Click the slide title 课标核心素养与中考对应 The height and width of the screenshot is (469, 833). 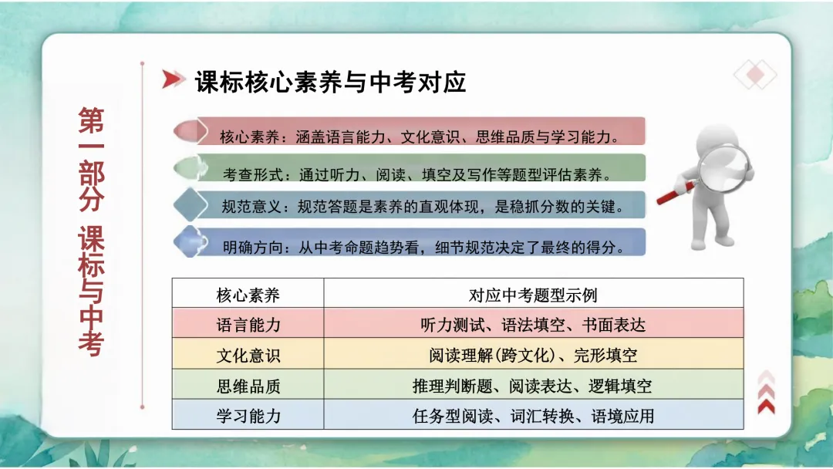330,82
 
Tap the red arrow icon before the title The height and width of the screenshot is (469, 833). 174,79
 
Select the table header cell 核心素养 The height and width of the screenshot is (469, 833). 248,295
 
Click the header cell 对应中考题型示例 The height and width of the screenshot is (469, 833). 533,295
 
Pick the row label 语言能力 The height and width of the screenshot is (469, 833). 248,325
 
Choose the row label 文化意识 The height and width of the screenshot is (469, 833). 248,356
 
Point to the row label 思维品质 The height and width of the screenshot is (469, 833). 248,386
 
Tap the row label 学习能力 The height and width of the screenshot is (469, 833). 248,416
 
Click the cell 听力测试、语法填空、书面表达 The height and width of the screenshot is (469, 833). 533,325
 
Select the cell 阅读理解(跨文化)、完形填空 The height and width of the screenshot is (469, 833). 533,356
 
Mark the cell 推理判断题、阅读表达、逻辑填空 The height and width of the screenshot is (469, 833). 533,386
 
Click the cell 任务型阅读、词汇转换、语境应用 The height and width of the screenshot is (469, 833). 533,416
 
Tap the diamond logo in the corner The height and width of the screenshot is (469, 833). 755,74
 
